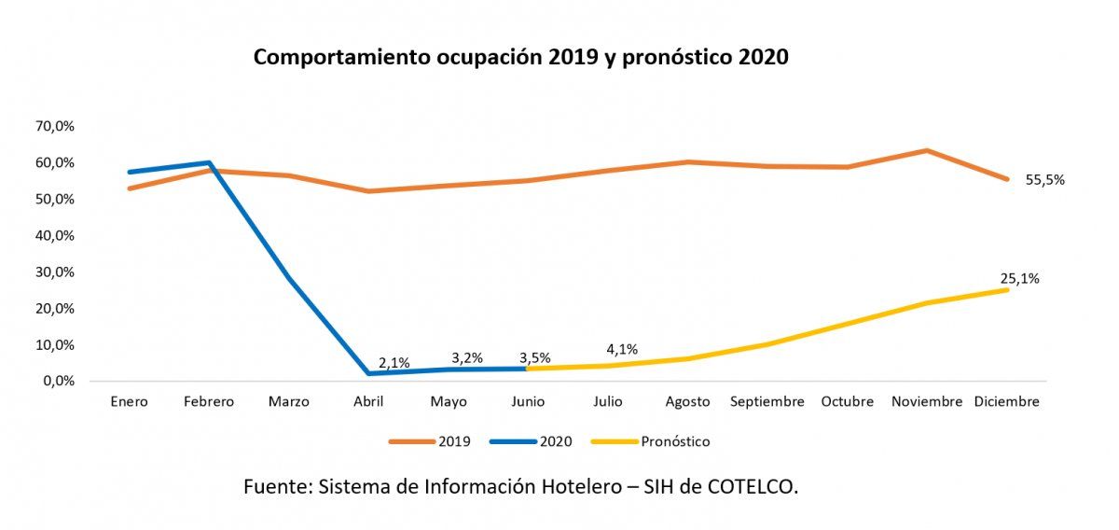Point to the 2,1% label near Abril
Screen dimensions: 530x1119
tap(394, 363)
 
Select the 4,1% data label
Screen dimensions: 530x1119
tap(621, 350)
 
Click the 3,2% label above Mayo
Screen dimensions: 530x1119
tap(466, 358)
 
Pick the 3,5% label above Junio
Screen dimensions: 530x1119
tap(534, 357)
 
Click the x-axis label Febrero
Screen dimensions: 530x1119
tap(208, 402)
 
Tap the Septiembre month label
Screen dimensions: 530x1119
tap(767, 402)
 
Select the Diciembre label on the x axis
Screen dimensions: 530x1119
tap(1006, 402)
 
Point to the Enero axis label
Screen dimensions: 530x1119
tap(129, 402)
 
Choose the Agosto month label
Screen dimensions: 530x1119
tap(687, 402)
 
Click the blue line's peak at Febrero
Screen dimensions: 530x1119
tap(208, 163)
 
